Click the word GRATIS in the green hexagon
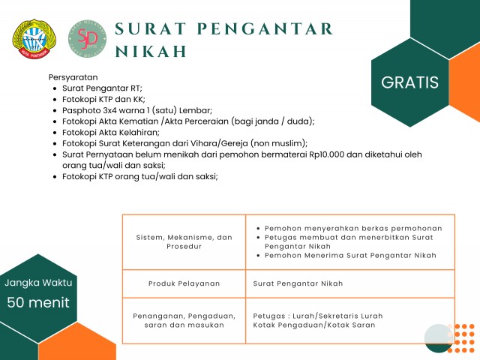[x=409, y=82]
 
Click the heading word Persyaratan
[x=73, y=77]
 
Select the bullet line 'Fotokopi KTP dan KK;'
[x=103, y=99]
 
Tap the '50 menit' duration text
[x=38, y=302]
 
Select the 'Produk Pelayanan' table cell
[x=184, y=284]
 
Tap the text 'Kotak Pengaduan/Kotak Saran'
[x=314, y=325]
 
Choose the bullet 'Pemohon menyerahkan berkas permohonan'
[x=352, y=229]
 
